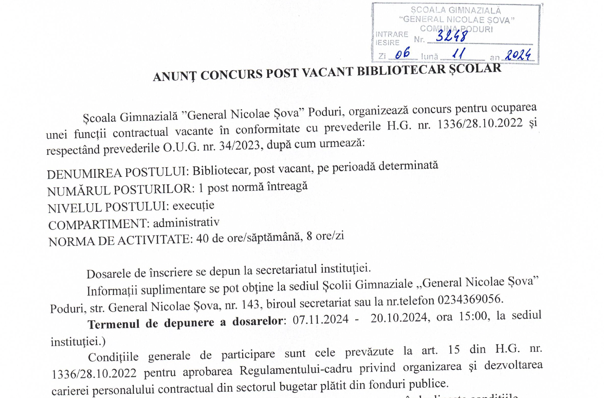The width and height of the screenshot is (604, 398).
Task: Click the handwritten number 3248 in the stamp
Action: (x=452, y=36)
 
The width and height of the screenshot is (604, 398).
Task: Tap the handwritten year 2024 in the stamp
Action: (x=518, y=55)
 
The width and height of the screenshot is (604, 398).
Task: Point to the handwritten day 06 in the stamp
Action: (x=403, y=53)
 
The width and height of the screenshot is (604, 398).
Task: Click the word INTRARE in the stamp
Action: (x=392, y=34)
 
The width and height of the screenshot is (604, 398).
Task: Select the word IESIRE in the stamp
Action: (x=388, y=43)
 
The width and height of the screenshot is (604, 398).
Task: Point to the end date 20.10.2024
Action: (x=399, y=317)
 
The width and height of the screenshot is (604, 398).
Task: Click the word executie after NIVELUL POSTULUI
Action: (x=194, y=206)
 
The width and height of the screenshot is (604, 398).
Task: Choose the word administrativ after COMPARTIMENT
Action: (x=186, y=222)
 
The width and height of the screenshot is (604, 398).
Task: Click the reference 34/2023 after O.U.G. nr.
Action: (x=239, y=146)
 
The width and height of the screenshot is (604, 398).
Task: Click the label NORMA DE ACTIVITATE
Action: (x=120, y=240)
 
